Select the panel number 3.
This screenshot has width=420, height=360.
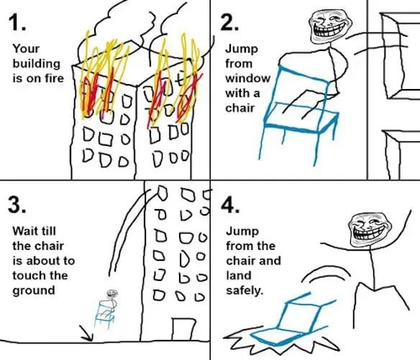coord(18,204)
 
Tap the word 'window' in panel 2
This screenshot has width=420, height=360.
coord(242,78)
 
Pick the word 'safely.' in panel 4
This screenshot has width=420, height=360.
coord(245,290)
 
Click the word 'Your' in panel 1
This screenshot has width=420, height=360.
coord(26,49)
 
